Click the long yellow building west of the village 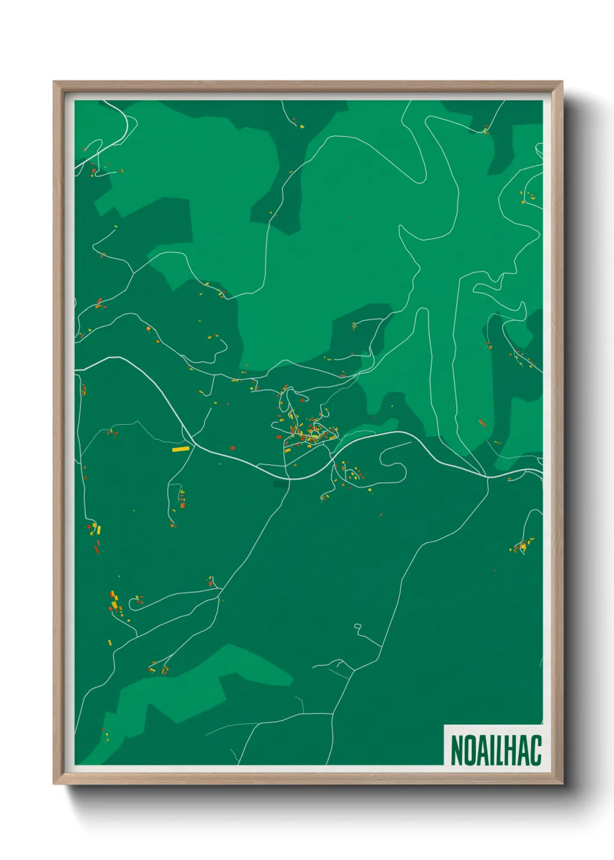coord(180,449)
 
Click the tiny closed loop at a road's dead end coord(357,626)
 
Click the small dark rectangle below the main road coord(281,484)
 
